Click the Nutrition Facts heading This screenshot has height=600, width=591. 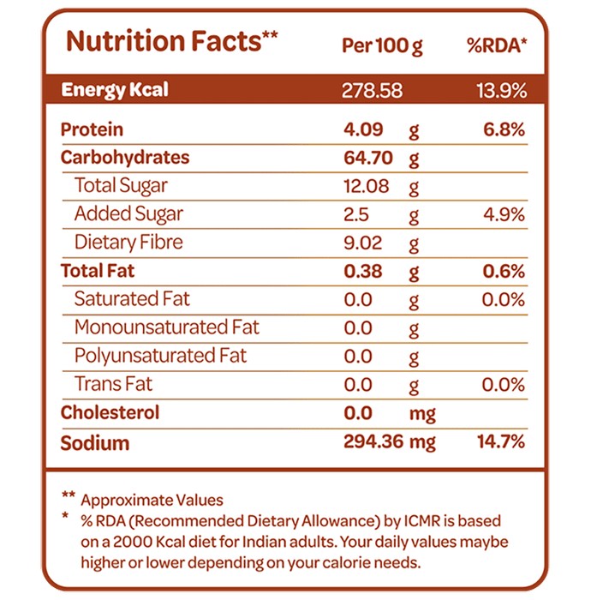coord(171,41)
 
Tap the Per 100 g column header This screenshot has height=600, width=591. coord(382,46)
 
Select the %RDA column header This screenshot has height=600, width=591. coord(497,45)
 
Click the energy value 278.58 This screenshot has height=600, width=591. coord(372,91)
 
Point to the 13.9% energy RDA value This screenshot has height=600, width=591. coord(502,91)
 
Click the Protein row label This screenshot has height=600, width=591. coord(92,129)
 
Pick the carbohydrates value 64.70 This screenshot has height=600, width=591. coord(368,158)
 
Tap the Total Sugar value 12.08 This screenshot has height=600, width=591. coord(367,186)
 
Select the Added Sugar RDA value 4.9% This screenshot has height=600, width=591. coord(504,214)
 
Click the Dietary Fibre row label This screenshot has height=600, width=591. coord(128,243)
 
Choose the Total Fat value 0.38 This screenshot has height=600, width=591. coord(363,271)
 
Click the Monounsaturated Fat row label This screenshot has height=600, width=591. coord(167,327)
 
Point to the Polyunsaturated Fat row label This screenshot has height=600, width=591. coord(160,356)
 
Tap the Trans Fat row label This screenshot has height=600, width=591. coord(113,384)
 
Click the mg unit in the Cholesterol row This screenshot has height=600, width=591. coord(422,414)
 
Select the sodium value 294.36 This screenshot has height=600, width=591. coord(373,441)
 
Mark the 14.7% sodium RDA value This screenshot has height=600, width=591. coord(501,441)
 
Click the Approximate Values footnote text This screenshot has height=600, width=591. coord(152,500)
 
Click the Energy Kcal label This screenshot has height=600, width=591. coord(115,90)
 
